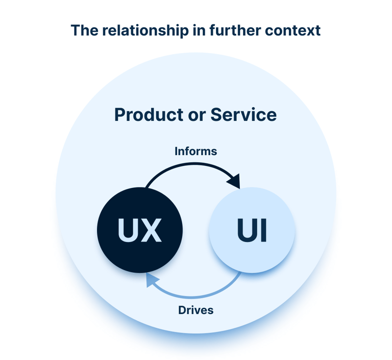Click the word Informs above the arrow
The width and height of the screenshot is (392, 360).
pos(195,151)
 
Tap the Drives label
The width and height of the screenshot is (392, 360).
pos(195,309)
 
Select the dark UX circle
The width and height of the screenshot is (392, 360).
pos(139,230)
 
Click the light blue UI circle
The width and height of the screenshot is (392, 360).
pos(252,230)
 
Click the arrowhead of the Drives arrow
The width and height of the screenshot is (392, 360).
pos(152,279)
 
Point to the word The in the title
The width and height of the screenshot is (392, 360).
pos(83,30)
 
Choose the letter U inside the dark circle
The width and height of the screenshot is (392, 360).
pos(128,230)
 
